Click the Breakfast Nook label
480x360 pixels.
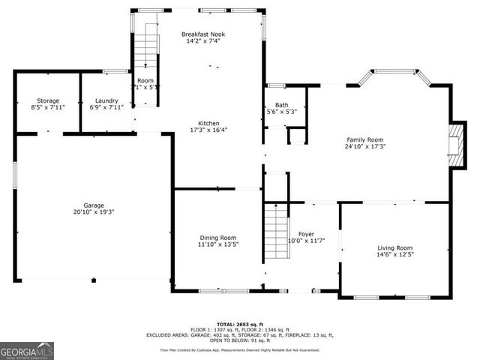pos(203,34)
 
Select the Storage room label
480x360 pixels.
pos(49,100)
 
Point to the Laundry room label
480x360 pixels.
pos(106,100)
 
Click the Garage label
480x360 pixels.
pos(94,205)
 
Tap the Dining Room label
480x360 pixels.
pos(217,237)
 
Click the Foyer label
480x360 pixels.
pos(306,234)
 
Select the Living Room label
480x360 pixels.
pos(394,247)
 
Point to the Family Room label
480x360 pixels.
pos(364,139)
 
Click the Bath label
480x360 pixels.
pos(282,105)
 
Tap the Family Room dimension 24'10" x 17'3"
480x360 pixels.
pos(364,146)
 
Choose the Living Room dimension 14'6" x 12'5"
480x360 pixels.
pos(394,255)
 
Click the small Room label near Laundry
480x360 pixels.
pos(145,80)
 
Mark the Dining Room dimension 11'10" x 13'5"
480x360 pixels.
pos(217,244)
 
